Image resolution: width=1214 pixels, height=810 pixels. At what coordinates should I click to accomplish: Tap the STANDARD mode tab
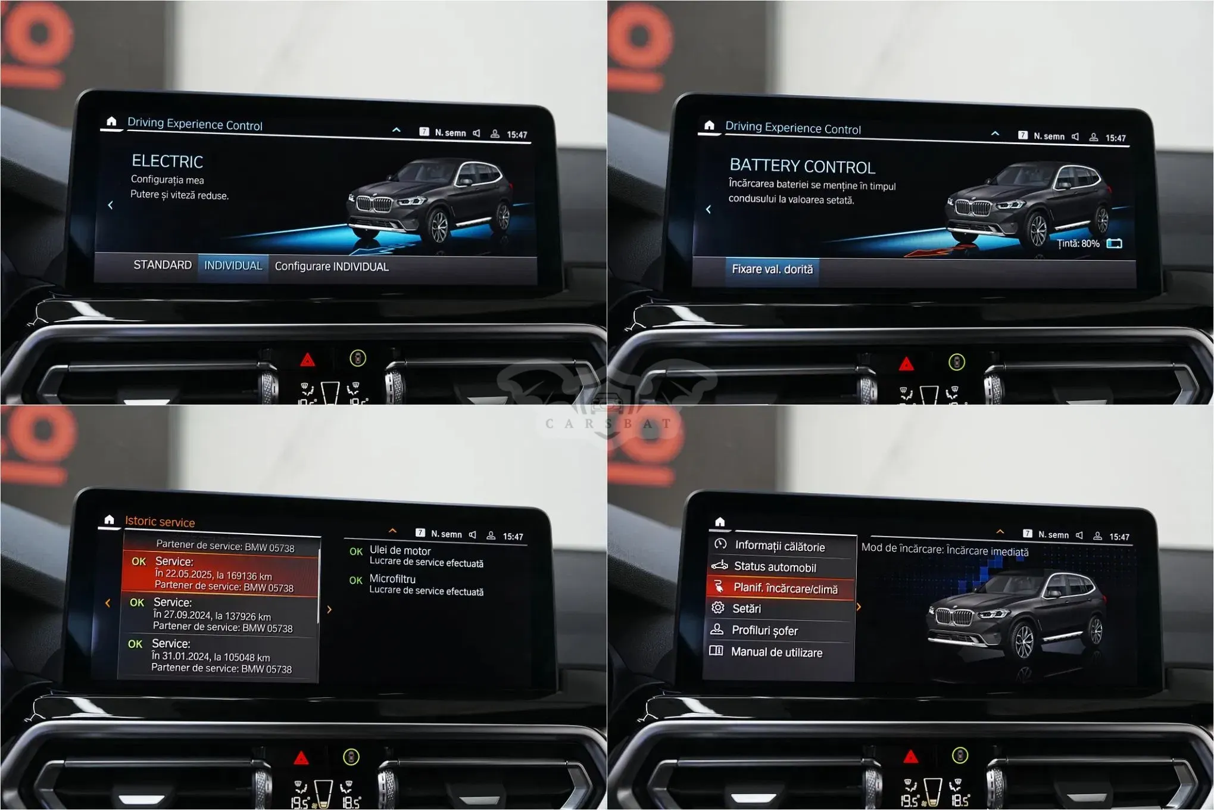(x=162, y=265)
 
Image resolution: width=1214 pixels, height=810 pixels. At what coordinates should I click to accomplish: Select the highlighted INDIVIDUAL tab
(x=233, y=266)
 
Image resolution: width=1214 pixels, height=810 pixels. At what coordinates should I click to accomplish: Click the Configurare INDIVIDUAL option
(x=332, y=267)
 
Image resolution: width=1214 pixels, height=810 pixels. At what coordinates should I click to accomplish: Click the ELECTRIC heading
(x=167, y=161)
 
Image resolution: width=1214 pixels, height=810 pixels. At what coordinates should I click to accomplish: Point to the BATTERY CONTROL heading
(x=802, y=166)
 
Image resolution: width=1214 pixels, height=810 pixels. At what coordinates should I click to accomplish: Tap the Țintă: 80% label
(x=1078, y=244)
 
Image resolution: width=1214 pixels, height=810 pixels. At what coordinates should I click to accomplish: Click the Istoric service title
(x=160, y=522)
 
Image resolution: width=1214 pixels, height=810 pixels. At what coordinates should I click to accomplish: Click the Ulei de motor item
(x=417, y=556)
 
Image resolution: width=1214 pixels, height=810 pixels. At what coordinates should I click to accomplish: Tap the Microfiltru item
(x=417, y=585)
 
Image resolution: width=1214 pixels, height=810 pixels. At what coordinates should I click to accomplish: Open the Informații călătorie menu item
(x=780, y=546)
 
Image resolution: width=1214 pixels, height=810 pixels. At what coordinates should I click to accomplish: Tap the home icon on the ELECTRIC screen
(x=111, y=121)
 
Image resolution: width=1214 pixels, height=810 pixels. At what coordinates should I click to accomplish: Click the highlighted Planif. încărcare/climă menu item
(x=780, y=588)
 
